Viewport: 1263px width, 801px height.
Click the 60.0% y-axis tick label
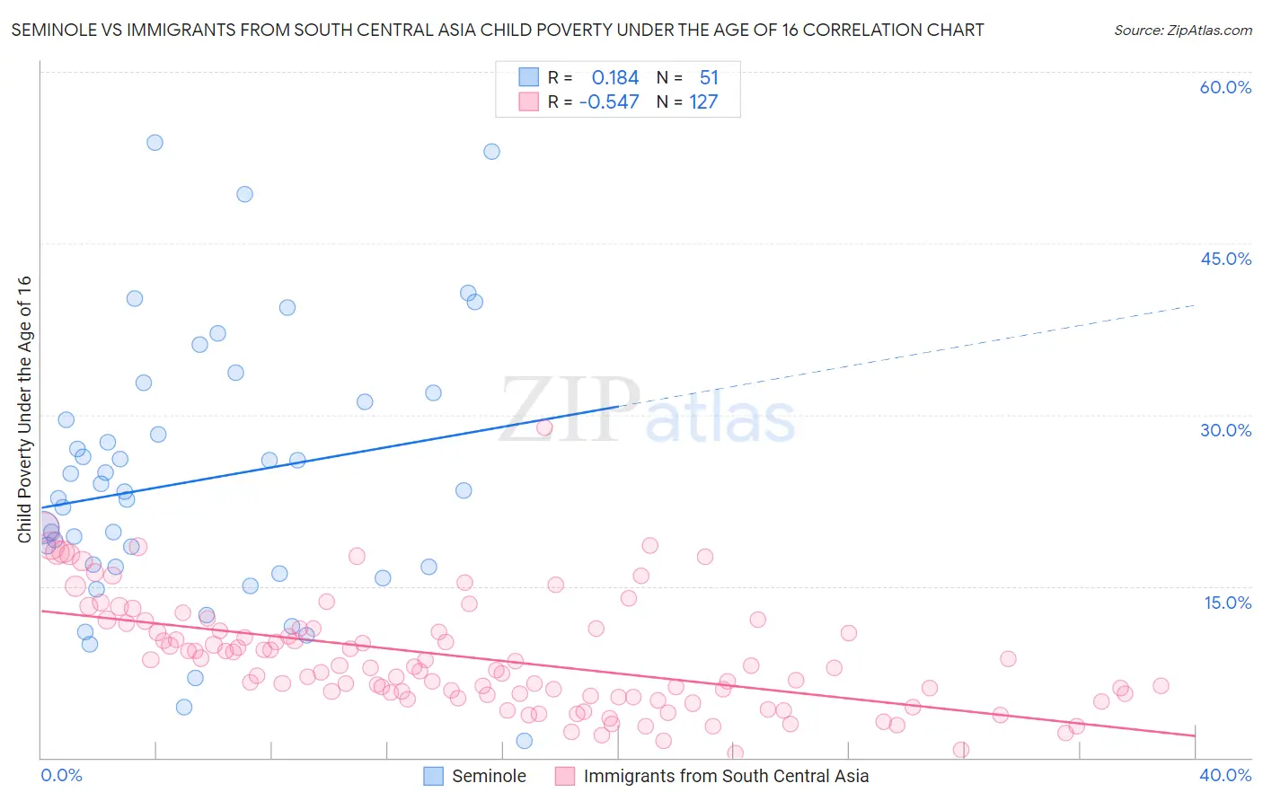click(x=1225, y=87)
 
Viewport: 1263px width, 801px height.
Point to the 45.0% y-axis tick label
click(x=1225, y=259)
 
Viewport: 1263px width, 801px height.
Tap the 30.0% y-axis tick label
click(x=1225, y=430)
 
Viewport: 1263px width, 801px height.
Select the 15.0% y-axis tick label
click(x=1227, y=603)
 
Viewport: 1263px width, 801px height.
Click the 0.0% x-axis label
click(x=61, y=775)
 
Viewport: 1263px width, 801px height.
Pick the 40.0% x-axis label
click(x=1224, y=775)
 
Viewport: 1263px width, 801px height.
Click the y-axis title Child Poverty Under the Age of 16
click(x=24, y=409)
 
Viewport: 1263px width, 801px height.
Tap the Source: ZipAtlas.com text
click(x=1182, y=30)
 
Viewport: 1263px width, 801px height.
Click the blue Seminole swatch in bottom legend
click(x=434, y=776)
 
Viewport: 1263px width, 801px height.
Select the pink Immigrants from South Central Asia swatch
click(x=565, y=776)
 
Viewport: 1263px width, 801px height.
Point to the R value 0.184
click(x=614, y=78)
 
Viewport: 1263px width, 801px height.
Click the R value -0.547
click(x=609, y=102)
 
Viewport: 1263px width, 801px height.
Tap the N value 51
click(x=709, y=78)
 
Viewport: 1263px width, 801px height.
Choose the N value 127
click(x=703, y=102)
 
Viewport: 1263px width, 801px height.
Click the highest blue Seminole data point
click(x=155, y=142)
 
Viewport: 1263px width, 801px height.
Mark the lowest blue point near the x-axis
click(x=525, y=741)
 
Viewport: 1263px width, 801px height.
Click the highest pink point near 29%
click(x=544, y=427)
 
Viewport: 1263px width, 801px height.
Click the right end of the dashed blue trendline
click(x=1194, y=305)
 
